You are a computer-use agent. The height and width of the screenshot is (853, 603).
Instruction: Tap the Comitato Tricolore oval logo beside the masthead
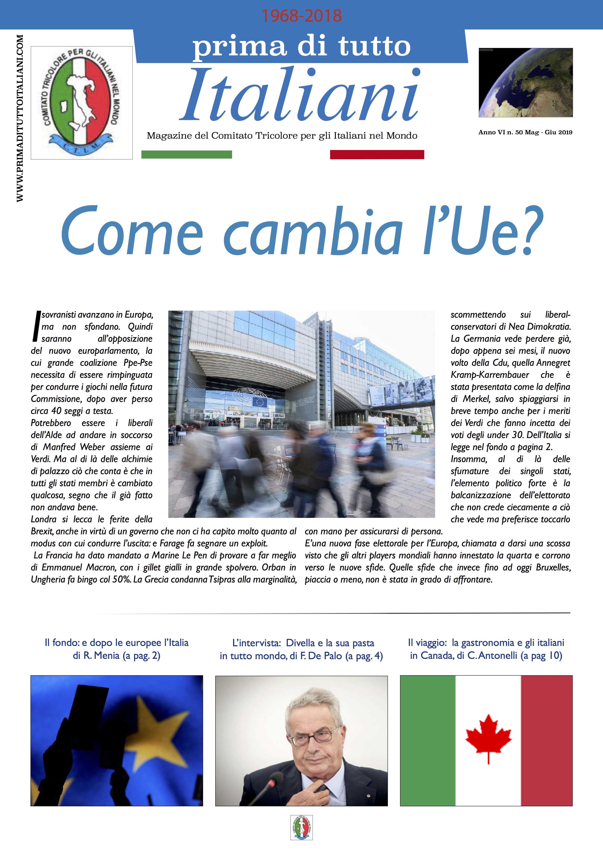[82, 102]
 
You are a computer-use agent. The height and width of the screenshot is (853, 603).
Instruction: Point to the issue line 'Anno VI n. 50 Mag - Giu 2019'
[525, 132]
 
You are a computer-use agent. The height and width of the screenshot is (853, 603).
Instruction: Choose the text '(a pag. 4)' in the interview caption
[364, 656]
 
